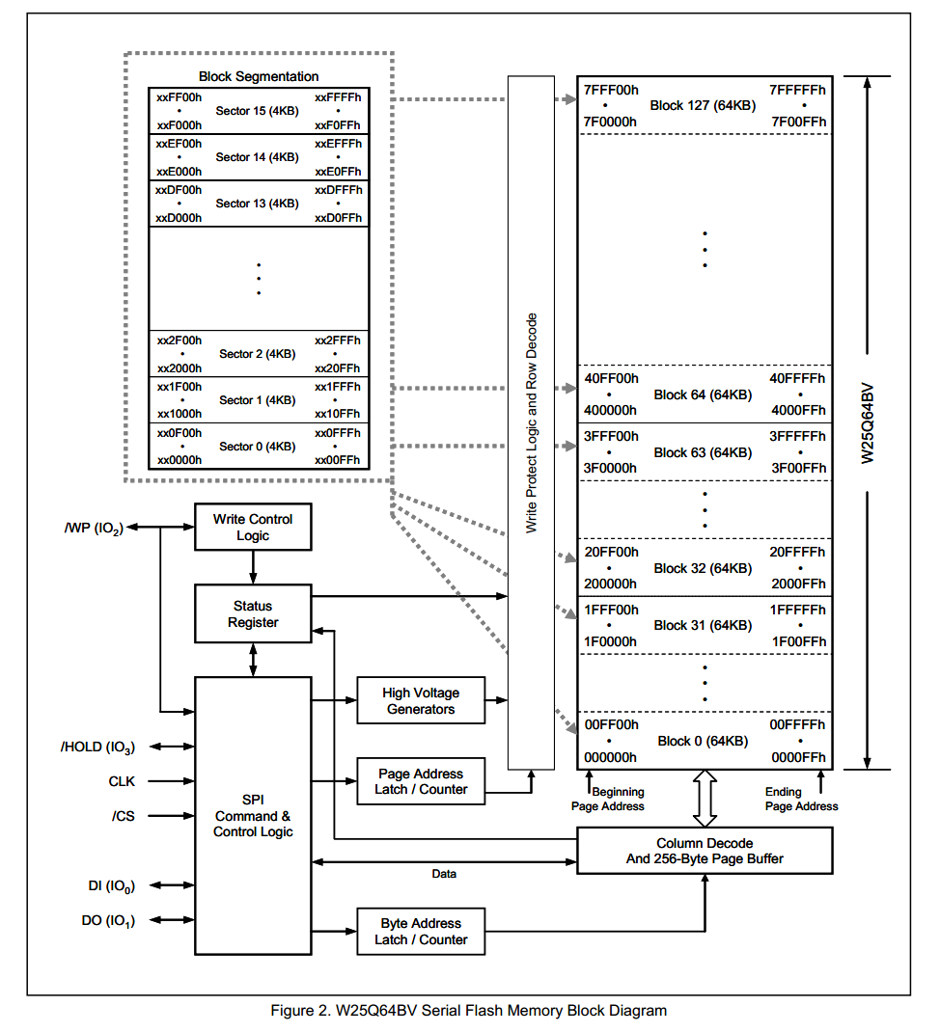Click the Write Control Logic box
pos(253,527)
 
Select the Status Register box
pos(253,614)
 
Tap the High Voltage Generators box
pos(420,701)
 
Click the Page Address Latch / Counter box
pos(420,781)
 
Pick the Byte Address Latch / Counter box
pos(420,932)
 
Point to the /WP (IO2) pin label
pos(94,528)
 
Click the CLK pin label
pos(122,781)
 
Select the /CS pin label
pos(124,816)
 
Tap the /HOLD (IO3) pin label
pos(97,747)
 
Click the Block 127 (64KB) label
pos(703,105)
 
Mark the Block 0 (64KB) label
pos(703,741)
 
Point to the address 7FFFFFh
pos(797,90)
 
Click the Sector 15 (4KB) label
pos(257,111)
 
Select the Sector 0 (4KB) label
pos(257,447)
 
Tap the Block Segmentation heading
pos(259,76)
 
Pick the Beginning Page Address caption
pos(608,799)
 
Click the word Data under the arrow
pos(444,874)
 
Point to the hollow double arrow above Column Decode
pos(705,799)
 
